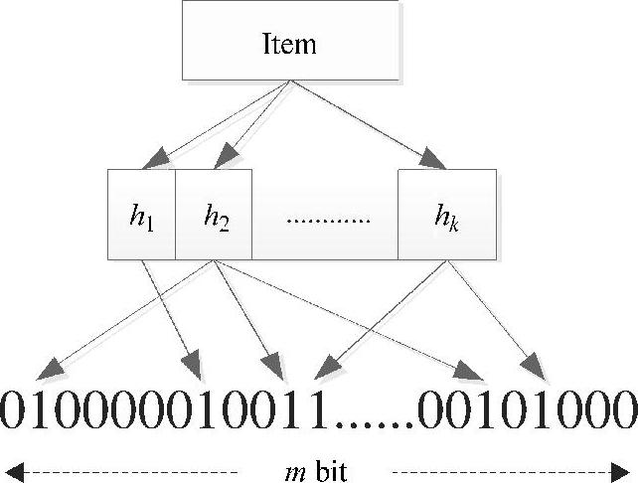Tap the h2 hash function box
tap(214, 215)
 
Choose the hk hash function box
tap(447, 215)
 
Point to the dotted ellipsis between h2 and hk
tap(327, 217)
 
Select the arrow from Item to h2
tap(253, 124)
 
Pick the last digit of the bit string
tap(621, 407)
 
